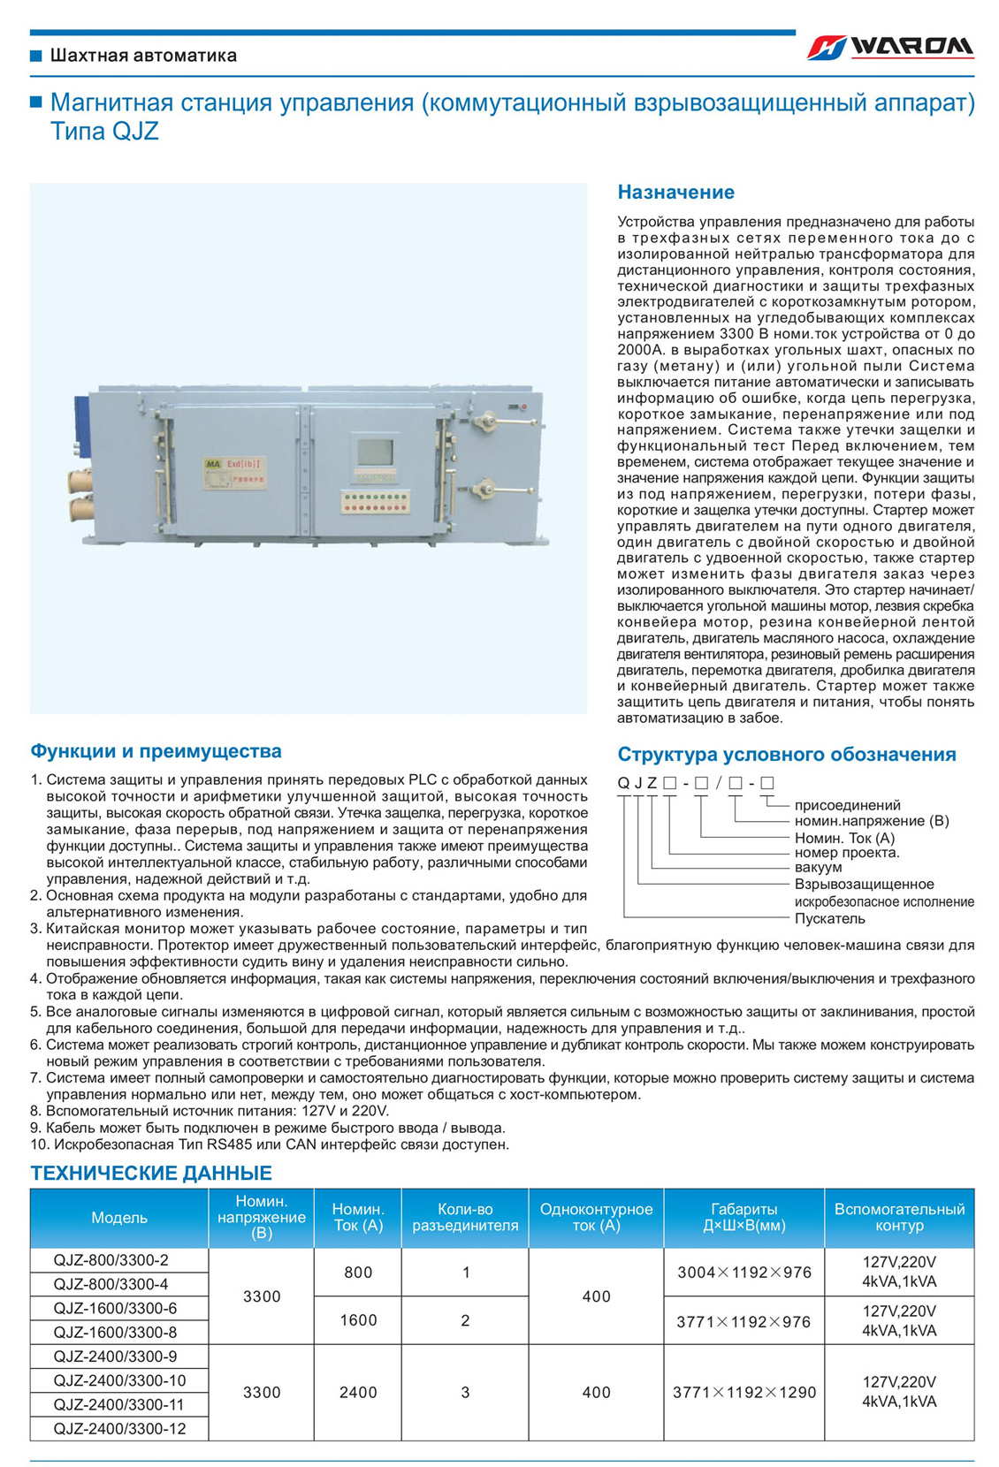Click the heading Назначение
[x=675, y=192]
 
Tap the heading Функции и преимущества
[x=156, y=751]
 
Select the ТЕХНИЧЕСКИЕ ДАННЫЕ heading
[x=151, y=1173]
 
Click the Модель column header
[x=119, y=1218]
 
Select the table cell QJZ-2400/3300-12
[x=119, y=1429]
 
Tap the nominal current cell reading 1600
[x=358, y=1320]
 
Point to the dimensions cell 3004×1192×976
[x=744, y=1273]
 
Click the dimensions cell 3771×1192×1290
[x=744, y=1393]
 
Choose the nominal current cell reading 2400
[x=358, y=1393]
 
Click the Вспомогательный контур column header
[x=899, y=1218]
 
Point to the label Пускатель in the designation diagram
[x=829, y=918]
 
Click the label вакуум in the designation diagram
[x=818, y=868]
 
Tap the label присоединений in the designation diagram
[x=847, y=805]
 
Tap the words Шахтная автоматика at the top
[x=143, y=56]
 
